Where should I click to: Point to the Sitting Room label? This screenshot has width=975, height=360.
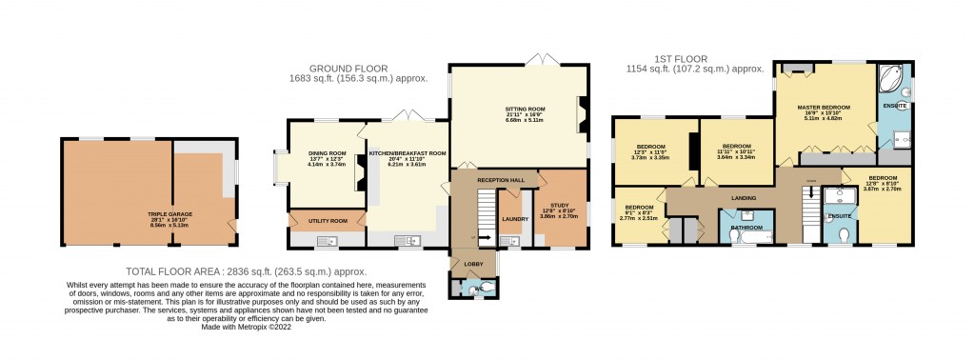[525, 110]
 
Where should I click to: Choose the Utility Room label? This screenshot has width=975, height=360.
[326, 220]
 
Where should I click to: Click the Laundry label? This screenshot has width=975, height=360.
[515, 218]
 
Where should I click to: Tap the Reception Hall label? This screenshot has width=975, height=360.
[501, 179]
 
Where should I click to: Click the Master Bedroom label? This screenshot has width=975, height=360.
[823, 107]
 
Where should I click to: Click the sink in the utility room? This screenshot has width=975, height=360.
[321, 241]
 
